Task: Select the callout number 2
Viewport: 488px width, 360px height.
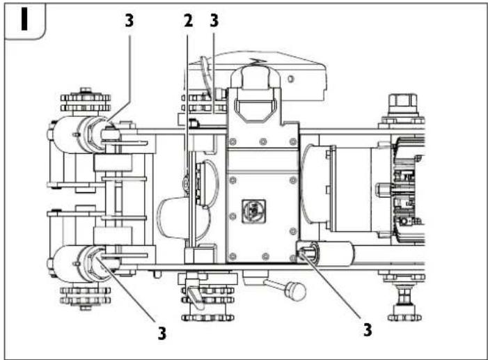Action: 187,22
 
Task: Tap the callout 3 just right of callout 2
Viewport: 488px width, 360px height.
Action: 214,22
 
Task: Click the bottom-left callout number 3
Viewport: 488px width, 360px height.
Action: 162,333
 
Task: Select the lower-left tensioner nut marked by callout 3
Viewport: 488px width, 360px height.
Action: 95,262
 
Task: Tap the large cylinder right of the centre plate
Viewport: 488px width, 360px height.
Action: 317,188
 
